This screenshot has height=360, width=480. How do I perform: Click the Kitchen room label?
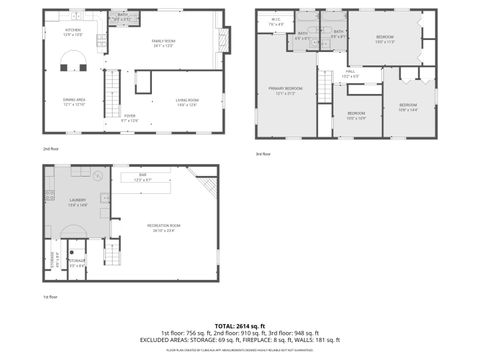coord(73,32)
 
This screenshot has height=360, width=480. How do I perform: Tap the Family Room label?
coord(164,43)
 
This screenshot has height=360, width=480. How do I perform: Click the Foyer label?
coord(129,118)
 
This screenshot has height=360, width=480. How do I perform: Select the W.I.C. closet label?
coord(275,23)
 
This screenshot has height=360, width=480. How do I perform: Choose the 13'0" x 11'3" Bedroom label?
coord(385,39)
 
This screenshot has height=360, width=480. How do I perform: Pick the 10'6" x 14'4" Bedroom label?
coord(407,107)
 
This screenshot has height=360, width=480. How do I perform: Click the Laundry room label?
coord(77,203)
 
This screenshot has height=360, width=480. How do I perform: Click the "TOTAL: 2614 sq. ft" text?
coord(239,326)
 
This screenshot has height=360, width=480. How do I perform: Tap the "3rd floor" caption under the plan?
coord(264,153)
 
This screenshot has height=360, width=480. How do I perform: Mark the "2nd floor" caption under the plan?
coord(50,148)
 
